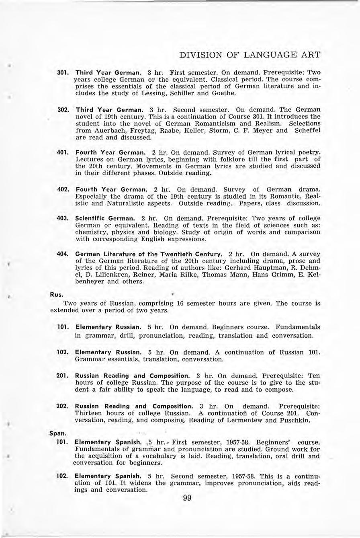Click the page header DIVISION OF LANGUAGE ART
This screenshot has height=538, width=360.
tap(250, 55)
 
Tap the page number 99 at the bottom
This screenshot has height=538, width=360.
tap(187, 498)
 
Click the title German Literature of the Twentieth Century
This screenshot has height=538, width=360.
tap(149, 255)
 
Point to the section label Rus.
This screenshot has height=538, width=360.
tap(55, 294)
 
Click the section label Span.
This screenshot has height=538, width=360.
tap(57, 433)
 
